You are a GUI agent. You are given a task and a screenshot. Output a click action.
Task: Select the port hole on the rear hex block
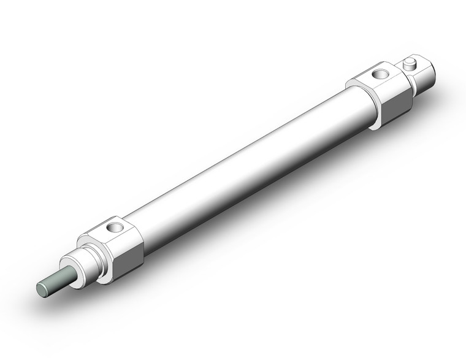click(380, 75)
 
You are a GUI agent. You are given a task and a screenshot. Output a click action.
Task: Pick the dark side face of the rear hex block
click(396, 101)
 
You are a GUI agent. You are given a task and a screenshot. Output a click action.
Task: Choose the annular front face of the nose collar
click(78, 270)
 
